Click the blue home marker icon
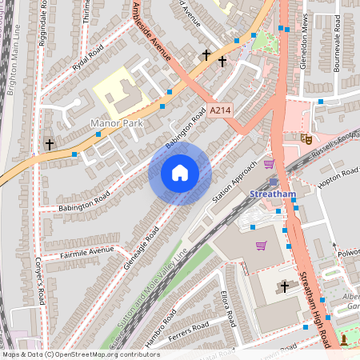coord(180,174)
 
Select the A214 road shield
coord(219,112)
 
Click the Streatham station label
coord(272,194)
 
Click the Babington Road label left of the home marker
coord(84,203)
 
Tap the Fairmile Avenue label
coord(89,253)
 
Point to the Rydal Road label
coord(88,60)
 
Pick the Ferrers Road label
coord(190,331)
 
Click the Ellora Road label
coord(227,309)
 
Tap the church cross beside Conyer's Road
coord(50,145)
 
